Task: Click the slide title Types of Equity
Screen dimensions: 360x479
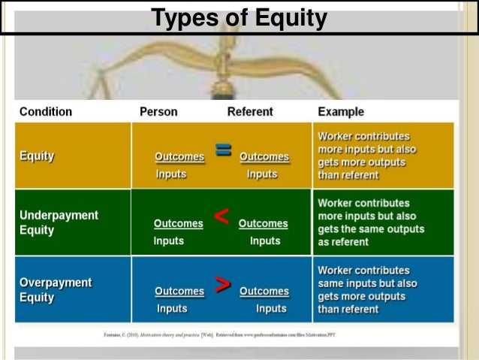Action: [x=239, y=17]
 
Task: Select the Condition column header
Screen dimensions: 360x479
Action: [x=46, y=112]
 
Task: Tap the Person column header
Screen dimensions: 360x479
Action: [x=158, y=112]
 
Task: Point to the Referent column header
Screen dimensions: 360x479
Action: [x=251, y=112]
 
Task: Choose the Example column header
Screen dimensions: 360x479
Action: [x=341, y=112]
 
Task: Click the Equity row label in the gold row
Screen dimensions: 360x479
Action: [x=37, y=156]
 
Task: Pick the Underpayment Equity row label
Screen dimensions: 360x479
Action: [x=59, y=222]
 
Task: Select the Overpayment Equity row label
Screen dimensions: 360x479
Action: [x=56, y=289]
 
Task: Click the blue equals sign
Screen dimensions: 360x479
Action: [x=222, y=150]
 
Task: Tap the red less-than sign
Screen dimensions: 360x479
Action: [x=221, y=217]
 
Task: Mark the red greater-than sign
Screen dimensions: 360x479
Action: [x=222, y=284]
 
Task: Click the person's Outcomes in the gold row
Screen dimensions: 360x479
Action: [x=179, y=157]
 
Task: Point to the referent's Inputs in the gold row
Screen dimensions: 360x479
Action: [x=262, y=174]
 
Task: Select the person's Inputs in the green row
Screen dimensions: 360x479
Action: [x=170, y=241]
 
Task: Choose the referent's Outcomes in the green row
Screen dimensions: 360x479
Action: [x=263, y=223]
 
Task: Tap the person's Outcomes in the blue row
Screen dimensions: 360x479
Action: [x=179, y=291]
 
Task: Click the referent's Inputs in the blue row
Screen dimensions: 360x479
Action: [x=271, y=308]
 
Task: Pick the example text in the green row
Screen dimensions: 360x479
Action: [x=363, y=222]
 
